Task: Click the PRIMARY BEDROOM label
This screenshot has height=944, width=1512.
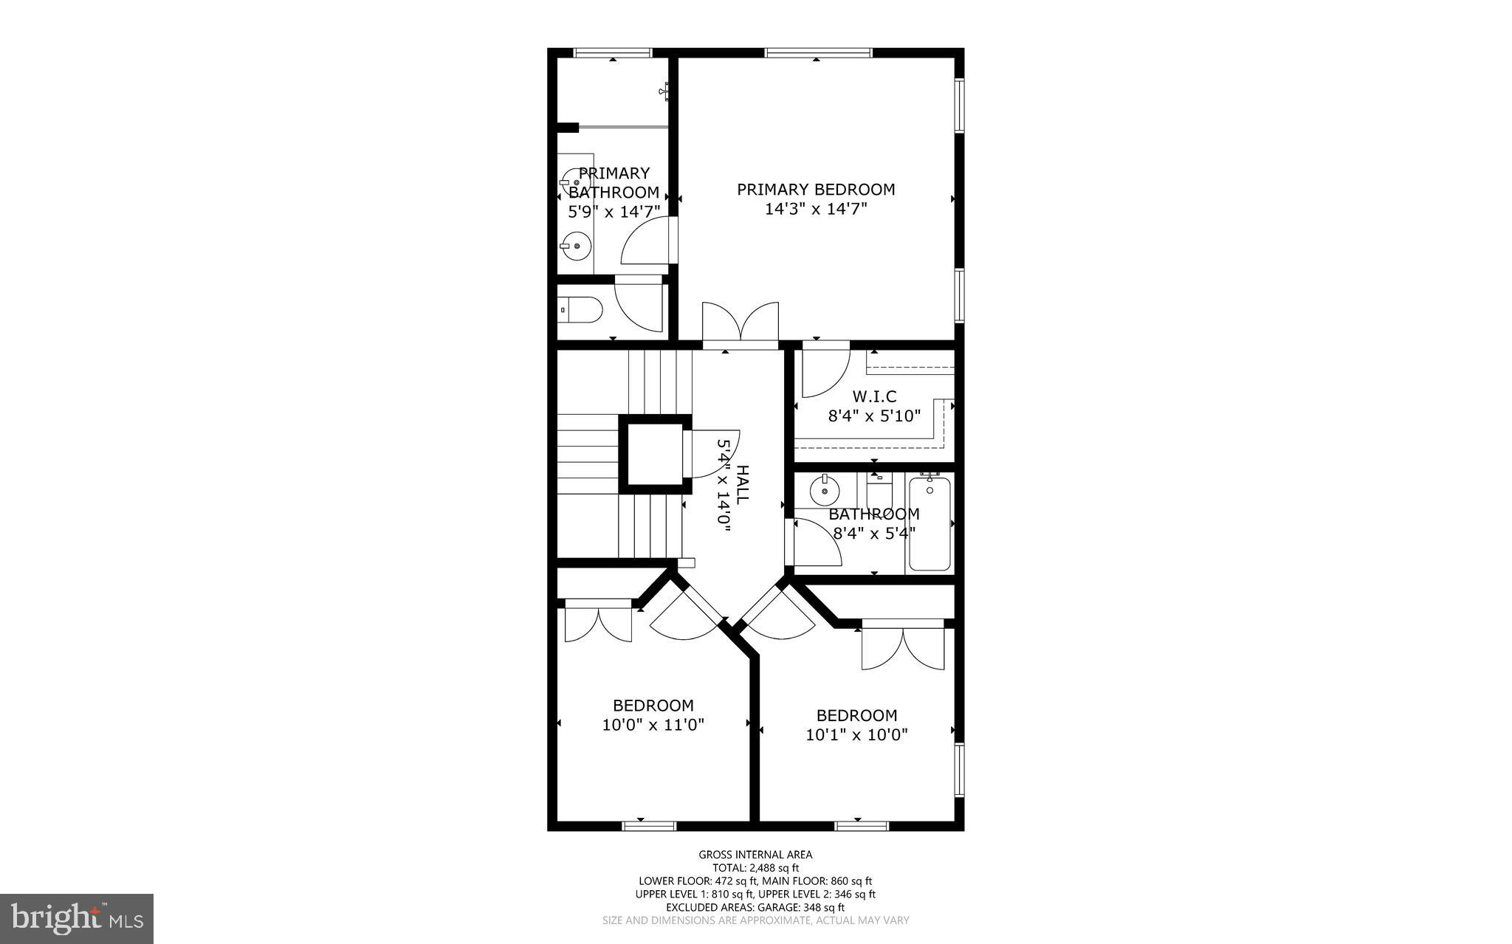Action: [x=816, y=190]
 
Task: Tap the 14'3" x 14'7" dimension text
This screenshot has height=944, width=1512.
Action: [x=816, y=209]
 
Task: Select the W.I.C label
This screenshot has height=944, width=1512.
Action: [x=874, y=397]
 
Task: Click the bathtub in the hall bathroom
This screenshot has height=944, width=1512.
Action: [x=929, y=524]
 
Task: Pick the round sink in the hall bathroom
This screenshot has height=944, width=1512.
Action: [x=824, y=489]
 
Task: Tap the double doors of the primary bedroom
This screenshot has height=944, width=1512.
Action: [x=740, y=325]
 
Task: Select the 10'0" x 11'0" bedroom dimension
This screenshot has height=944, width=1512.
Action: [x=653, y=725]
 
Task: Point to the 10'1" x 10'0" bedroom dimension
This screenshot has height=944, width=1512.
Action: [x=856, y=735]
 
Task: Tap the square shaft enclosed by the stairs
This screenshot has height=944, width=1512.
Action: [x=655, y=453]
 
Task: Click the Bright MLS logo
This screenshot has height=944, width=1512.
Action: [x=77, y=918]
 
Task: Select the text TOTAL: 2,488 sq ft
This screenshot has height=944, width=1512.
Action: [x=755, y=868]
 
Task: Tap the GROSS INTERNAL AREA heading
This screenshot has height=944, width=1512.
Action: [x=755, y=855]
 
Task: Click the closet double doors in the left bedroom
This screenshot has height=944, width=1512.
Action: [x=598, y=624]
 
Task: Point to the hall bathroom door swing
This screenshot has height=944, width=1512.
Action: [x=815, y=542]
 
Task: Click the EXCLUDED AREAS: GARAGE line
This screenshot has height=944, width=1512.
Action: [x=755, y=907]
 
